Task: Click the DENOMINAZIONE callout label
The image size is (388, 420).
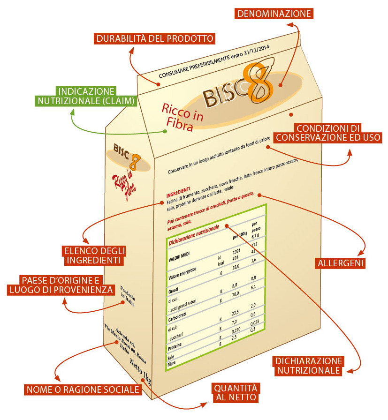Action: click(x=274, y=14)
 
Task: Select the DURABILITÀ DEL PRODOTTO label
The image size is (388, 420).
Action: click(x=155, y=38)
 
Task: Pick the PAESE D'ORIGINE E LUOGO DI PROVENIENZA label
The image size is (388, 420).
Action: click(x=61, y=285)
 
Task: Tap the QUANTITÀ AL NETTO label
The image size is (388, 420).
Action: click(x=236, y=393)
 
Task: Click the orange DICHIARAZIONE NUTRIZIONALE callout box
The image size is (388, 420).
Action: click(x=308, y=366)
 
